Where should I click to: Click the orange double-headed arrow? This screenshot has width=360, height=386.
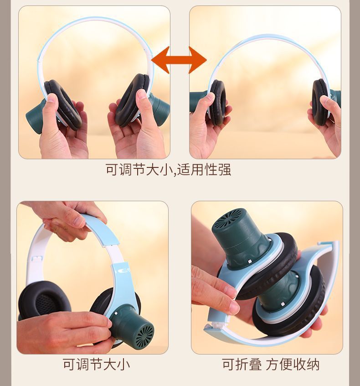(x=179, y=60)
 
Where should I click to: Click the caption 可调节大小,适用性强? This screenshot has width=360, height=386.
(x=168, y=170)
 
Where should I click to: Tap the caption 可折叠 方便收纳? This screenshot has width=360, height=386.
(x=271, y=365)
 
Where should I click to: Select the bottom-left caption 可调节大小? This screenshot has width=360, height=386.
(x=96, y=365)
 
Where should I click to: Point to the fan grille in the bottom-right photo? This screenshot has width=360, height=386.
(x=231, y=219)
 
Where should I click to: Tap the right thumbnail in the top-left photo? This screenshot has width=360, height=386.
(x=142, y=95)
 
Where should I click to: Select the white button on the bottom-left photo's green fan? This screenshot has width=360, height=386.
(x=115, y=313)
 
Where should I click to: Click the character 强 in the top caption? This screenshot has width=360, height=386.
(x=224, y=170)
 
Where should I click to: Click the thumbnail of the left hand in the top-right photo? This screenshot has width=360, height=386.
(x=211, y=96)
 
